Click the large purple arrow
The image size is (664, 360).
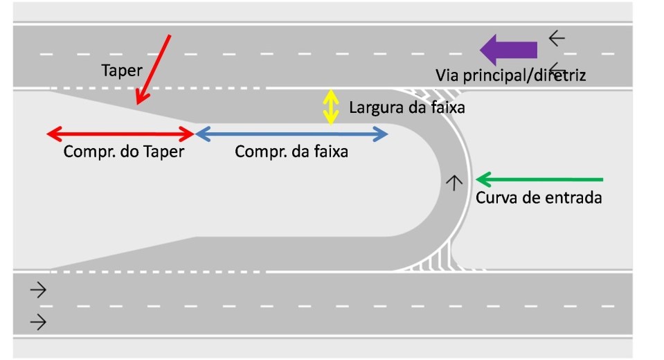tap(508, 50)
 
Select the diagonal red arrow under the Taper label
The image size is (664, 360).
tap(154, 69)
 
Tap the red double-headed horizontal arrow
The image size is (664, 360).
tap(119, 134)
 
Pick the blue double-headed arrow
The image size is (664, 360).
tap(291, 134)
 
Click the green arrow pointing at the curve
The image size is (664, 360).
tap(539, 180)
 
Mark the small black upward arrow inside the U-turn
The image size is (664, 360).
tap(454, 182)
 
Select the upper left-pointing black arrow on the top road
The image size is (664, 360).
tap(557, 38)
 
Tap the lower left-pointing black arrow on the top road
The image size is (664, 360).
tap(557, 67)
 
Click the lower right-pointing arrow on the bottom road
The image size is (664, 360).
tap(38, 321)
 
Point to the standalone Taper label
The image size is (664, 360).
tap(121, 70)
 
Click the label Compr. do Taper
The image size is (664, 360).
tap(124, 152)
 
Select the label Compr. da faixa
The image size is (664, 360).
tap(291, 152)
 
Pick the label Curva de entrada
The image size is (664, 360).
tap(539, 198)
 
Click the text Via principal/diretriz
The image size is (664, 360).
tap(510, 75)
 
